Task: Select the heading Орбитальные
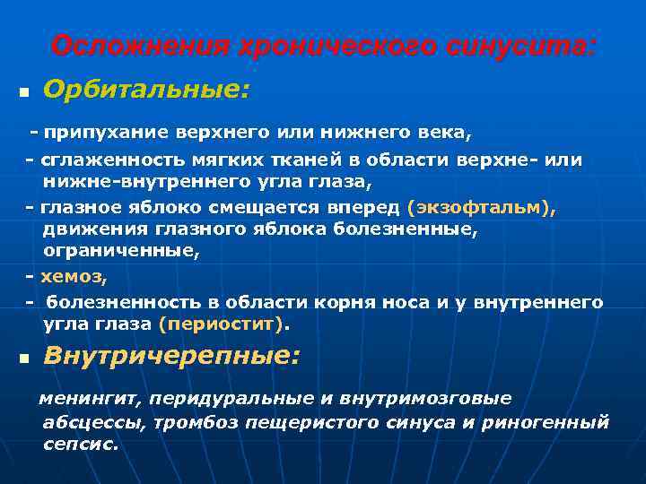pos(146,91)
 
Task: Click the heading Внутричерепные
pos(171,356)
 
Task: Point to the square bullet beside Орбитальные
pos(23,93)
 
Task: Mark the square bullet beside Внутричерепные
pos(23,359)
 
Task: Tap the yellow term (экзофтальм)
pos(481,208)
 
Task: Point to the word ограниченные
pos(119,252)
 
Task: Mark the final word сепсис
pos(80,445)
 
